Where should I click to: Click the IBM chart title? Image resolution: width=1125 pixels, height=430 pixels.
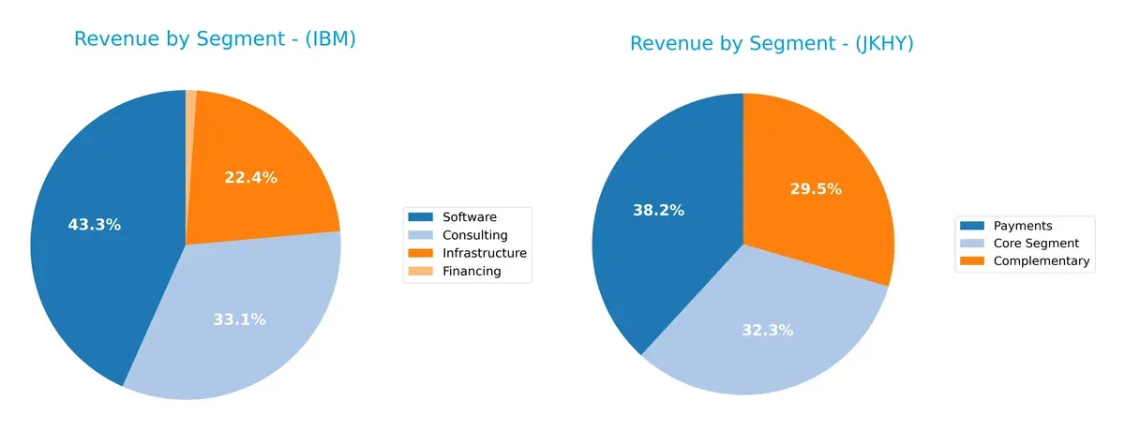click(x=215, y=39)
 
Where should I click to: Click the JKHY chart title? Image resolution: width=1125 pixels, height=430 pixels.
click(x=772, y=43)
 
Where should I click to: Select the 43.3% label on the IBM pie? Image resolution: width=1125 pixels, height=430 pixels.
click(x=95, y=225)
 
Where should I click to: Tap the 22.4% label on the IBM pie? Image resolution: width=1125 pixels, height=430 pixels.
click(x=250, y=178)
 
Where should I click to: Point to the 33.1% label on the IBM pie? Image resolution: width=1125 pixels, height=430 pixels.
click(x=239, y=319)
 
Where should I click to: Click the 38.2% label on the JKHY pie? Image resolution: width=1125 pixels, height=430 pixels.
click(x=657, y=211)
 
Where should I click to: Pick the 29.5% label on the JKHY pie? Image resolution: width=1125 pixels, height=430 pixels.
click(x=815, y=189)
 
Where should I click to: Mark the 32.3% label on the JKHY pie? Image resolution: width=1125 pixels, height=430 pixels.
click(x=767, y=330)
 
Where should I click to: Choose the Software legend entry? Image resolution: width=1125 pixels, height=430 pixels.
click(x=469, y=216)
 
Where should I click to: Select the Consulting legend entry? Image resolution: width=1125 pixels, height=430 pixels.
click(x=474, y=235)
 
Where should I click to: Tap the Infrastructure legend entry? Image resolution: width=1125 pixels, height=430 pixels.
click(x=484, y=253)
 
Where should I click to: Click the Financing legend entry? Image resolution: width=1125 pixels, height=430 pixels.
click(x=472, y=272)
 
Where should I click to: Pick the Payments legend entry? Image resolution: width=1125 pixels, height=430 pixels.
click(x=1023, y=226)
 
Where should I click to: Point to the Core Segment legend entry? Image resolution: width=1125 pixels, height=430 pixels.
click(x=1036, y=244)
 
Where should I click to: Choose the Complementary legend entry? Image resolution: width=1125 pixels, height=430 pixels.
click(x=1042, y=261)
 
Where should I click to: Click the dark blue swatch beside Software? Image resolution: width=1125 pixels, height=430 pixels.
click(x=420, y=216)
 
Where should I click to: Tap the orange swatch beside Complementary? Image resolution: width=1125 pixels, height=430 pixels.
click(x=972, y=261)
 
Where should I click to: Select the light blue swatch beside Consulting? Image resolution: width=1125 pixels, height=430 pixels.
click(x=420, y=235)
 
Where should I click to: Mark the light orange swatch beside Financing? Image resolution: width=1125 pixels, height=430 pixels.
click(x=420, y=272)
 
